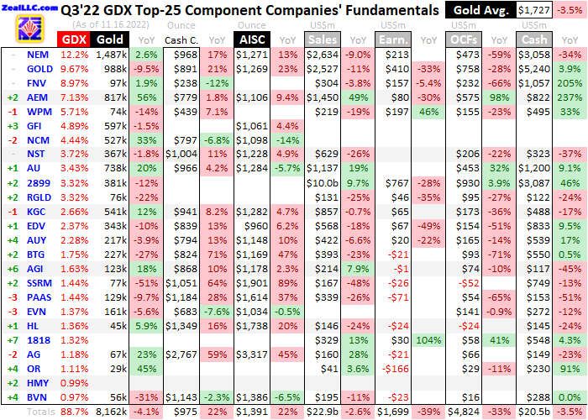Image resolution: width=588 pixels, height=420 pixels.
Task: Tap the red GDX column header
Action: point(73,39)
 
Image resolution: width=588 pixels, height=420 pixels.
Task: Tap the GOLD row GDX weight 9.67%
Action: point(73,69)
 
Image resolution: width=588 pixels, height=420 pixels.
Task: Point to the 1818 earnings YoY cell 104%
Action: point(428,341)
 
